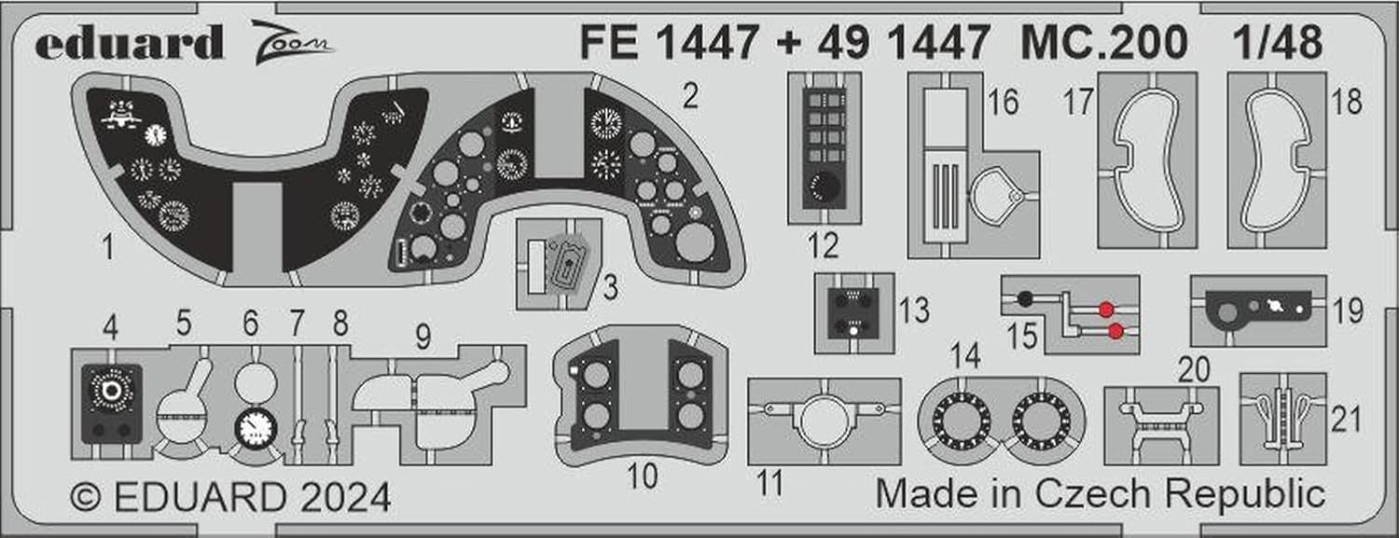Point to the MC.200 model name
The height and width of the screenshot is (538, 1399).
point(1103,42)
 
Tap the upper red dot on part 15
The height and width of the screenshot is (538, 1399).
point(1106,310)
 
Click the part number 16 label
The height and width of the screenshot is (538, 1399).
point(1003,103)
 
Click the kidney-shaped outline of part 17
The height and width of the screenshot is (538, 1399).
point(1147,160)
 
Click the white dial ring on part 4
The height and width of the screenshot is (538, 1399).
point(111,389)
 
